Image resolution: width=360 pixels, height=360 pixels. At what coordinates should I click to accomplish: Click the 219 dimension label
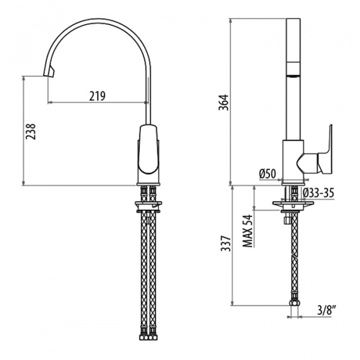pos(97,96)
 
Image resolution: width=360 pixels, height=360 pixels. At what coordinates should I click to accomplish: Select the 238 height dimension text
pos(31,131)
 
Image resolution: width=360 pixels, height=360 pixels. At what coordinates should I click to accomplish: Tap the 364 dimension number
pos(224,102)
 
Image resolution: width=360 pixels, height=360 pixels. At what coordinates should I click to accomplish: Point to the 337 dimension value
pos(226,244)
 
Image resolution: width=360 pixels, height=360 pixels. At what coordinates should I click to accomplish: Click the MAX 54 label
pos(247,231)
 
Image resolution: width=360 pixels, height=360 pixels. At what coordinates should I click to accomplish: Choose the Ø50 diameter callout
pos(268,174)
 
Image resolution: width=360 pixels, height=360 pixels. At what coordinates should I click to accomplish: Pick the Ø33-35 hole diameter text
pos(318,193)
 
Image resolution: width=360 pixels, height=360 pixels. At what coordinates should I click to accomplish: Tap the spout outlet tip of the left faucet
pos(49,73)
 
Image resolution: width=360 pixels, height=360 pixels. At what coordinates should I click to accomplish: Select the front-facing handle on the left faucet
pos(149,149)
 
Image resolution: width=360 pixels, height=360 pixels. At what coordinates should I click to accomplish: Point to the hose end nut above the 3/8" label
pos(294,303)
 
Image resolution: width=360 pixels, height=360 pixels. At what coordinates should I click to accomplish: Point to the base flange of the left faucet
pos(148,184)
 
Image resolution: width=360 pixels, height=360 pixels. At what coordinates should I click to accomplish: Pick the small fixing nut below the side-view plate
pos(287,220)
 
